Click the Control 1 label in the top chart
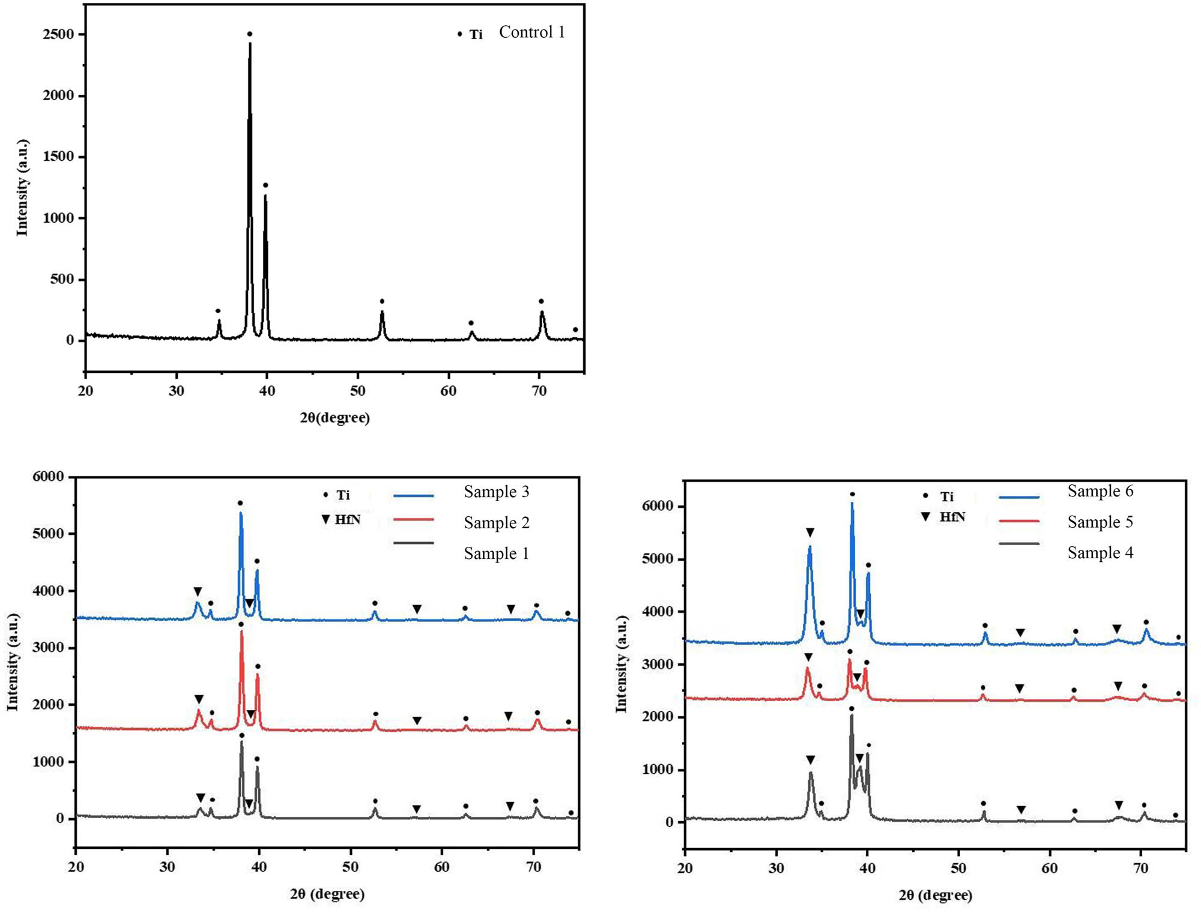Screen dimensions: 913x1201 coord(531,32)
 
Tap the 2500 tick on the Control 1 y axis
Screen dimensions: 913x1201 coord(58,34)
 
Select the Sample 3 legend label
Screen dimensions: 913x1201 coord(496,492)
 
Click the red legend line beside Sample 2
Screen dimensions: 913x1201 coord(413,519)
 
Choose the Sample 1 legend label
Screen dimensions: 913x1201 coord(496,553)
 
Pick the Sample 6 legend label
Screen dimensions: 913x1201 coord(1100,491)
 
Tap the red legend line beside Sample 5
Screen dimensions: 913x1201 coord(1019,521)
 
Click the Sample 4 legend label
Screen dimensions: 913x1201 coord(1100,552)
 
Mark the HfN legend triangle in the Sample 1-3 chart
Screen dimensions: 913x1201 coord(325,519)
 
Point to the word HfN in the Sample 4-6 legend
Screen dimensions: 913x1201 coord(952,517)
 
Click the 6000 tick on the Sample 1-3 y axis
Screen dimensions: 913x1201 coord(48,477)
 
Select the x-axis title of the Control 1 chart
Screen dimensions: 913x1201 coord(334,418)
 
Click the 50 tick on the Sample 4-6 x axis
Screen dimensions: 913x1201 coord(958,868)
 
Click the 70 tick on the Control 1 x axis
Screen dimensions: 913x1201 coord(539,391)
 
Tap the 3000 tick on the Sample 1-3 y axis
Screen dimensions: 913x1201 coord(48,648)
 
